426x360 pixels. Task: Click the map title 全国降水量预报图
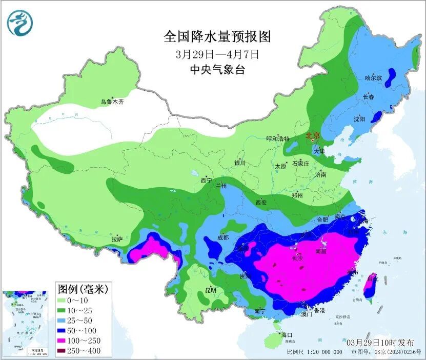click(x=217, y=36)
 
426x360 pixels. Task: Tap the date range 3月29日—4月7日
click(x=217, y=53)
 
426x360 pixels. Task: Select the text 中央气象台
click(x=217, y=69)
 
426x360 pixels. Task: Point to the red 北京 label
click(x=313, y=136)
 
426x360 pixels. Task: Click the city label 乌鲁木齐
click(x=112, y=102)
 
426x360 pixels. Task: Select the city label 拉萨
click(x=117, y=239)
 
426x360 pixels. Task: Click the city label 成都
click(x=222, y=237)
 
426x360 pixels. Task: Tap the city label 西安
click(x=261, y=203)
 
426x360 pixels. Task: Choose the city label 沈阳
click(x=359, y=119)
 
